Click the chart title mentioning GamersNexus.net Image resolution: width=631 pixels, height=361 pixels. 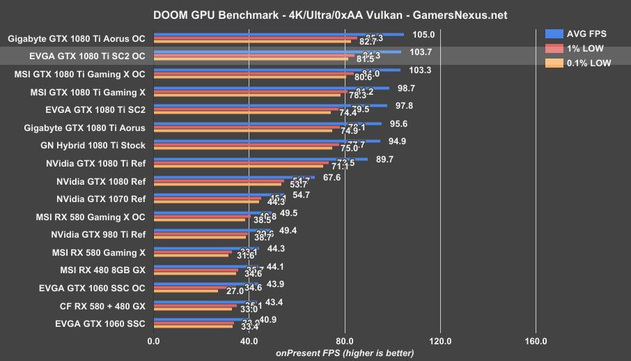[x=315, y=15]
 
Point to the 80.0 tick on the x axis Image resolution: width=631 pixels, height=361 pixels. [x=345, y=341]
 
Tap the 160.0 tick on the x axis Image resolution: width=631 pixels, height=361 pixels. [x=536, y=341]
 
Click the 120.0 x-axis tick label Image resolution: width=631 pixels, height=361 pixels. [x=440, y=341]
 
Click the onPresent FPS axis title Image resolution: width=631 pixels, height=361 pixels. [x=345, y=353]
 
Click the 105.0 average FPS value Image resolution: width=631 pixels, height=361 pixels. [x=423, y=34]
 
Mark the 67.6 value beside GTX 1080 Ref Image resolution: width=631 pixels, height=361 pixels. [x=333, y=178]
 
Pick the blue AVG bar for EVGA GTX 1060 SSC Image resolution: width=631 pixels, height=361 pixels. [x=201, y=320]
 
